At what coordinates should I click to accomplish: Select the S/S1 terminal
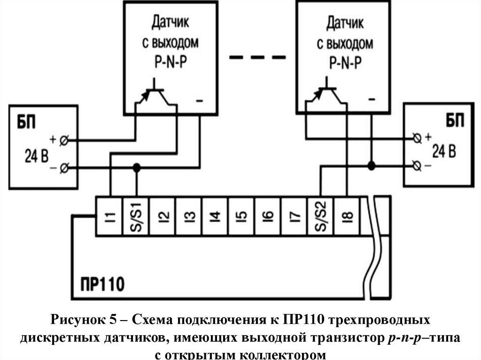pyautogui.click(x=136, y=216)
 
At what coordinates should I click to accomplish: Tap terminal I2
pyautogui.click(x=163, y=216)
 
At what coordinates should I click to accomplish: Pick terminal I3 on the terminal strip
pyautogui.click(x=189, y=216)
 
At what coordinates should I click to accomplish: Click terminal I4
pyautogui.click(x=216, y=216)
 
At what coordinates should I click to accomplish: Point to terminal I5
pyautogui.click(x=242, y=216)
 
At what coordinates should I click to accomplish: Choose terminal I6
pyautogui.click(x=268, y=216)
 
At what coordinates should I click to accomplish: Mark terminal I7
pyautogui.click(x=295, y=216)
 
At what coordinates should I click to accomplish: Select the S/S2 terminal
pyautogui.click(x=321, y=216)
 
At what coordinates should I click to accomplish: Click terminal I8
pyautogui.click(x=347, y=216)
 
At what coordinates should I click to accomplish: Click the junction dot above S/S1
pyautogui.click(x=137, y=167)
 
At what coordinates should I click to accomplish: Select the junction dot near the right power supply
pyautogui.click(x=371, y=165)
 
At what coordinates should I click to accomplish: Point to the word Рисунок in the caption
pyautogui.click(x=77, y=321)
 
